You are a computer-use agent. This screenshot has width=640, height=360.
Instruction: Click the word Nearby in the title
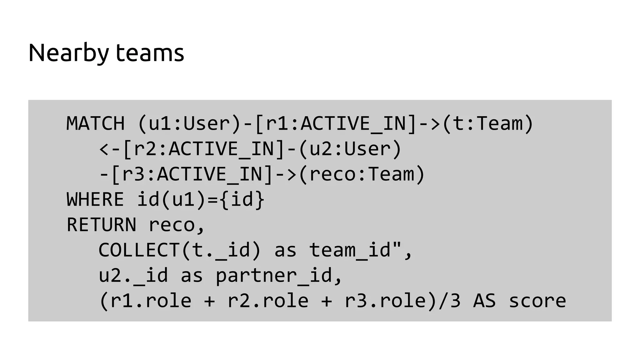68,53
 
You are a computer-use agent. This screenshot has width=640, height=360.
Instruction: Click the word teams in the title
150,53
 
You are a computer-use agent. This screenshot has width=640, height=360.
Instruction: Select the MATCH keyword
95,123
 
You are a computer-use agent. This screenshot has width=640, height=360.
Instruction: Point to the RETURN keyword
101,225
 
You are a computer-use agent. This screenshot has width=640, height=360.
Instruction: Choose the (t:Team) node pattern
488,123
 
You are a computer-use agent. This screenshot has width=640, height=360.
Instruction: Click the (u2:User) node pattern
350,149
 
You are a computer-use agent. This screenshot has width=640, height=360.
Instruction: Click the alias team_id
350,250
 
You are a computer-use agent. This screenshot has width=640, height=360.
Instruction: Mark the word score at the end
537,301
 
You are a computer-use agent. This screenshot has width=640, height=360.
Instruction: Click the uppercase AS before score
484,301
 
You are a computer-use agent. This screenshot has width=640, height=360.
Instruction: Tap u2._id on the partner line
133,275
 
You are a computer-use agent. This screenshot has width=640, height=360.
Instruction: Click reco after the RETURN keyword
172,225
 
